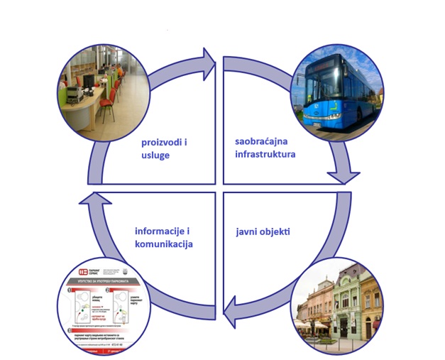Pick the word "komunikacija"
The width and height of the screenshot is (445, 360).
tap(164, 244)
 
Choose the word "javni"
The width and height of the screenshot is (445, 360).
tap(247, 231)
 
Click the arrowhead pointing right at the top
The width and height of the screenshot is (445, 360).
tap(209, 63)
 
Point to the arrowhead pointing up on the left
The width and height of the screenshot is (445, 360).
tap(90, 203)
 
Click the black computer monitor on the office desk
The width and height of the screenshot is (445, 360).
tap(89, 82)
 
